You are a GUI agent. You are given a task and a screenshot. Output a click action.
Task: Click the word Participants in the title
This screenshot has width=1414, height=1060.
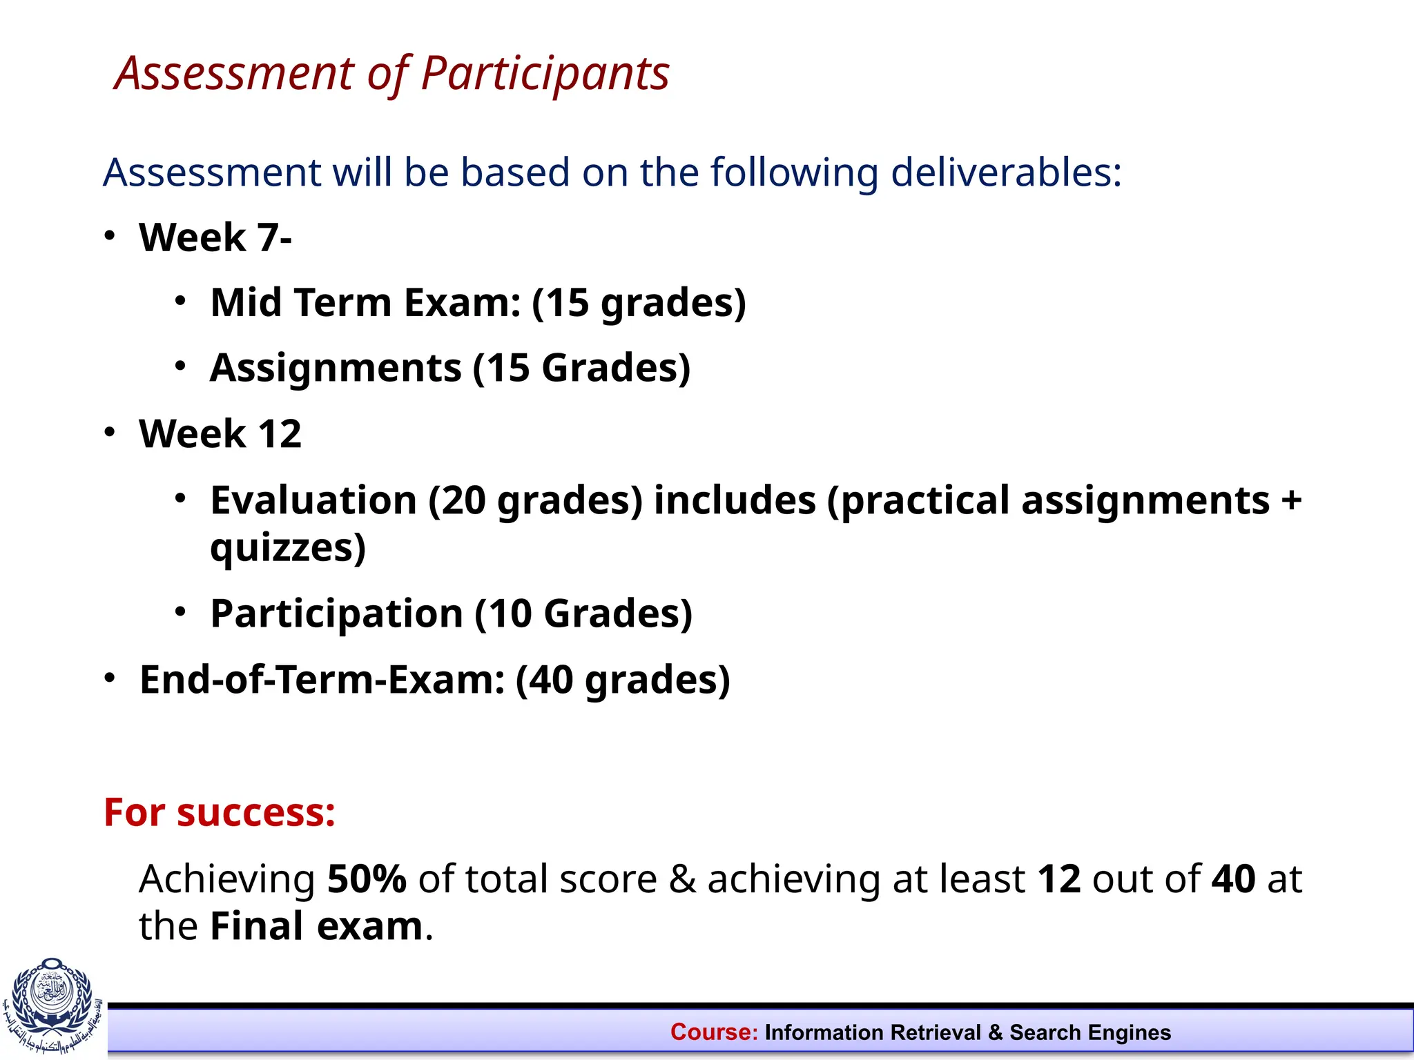point(545,74)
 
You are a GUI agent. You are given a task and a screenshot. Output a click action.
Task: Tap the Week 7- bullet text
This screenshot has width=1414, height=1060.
point(215,237)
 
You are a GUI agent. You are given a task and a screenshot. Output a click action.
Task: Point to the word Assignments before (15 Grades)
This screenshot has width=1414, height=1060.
point(336,367)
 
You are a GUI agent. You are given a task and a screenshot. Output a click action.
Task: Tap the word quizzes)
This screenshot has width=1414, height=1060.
point(287,548)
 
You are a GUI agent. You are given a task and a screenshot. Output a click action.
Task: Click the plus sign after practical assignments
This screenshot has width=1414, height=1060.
point(1290,500)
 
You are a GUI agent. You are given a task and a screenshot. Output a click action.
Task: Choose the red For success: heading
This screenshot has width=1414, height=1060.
point(220,812)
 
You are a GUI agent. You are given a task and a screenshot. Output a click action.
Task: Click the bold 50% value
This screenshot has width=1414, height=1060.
point(367,879)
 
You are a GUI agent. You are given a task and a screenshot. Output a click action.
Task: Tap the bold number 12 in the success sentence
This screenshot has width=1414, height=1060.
point(1058,879)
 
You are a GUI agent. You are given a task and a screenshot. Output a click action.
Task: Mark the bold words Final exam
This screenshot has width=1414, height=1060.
point(316,926)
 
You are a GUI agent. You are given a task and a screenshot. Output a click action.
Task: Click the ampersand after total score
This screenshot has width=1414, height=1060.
point(682,879)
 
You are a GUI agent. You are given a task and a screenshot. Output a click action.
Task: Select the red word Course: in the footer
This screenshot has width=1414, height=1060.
point(714,1032)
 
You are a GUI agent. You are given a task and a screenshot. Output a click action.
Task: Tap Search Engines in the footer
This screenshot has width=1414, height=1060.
point(1090,1032)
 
